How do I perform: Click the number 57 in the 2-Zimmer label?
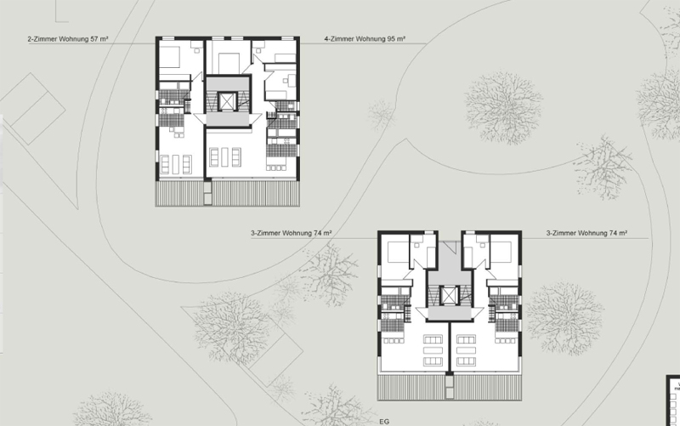coord(94,39)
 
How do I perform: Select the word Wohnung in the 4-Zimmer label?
coord(370,39)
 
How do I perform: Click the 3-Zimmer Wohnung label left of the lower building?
coord(292,233)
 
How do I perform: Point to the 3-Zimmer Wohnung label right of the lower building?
coord(586,233)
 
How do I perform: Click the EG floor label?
coord(384,422)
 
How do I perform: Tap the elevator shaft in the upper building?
coord(226,102)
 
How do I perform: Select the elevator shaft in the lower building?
coord(450,296)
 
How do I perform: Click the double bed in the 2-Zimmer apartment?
coord(170,57)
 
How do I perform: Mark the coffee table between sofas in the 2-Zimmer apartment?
coord(176,164)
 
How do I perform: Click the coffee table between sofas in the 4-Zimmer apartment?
coord(224,157)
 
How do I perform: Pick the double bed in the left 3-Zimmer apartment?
coord(398,252)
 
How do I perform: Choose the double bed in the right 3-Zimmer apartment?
coord(501,252)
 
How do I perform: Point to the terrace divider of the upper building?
coord(208,192)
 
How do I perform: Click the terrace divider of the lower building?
coord(450,386)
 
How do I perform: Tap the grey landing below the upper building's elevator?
coord(228,119)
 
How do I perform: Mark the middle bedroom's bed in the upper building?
coord(229,63)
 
